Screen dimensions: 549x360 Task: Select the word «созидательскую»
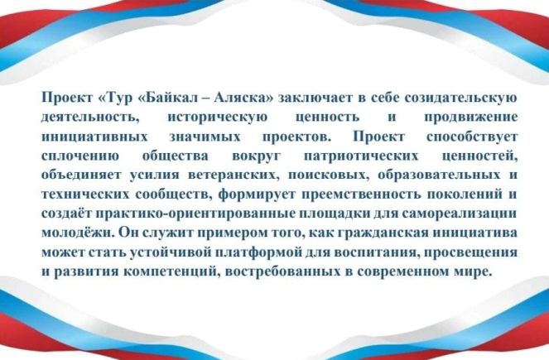tap(460, 98)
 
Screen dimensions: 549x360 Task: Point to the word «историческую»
tap(217, 117)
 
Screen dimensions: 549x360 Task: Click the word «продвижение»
tap(471, 117)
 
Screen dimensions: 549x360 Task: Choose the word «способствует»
tap(472, 137)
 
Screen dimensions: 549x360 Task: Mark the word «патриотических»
tap(361, 156)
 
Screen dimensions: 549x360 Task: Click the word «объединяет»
tap(81, 175)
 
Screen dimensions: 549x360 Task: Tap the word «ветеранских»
tap(234, 175)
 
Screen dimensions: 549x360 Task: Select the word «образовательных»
tap(439, 175)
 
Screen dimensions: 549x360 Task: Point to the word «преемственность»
tap(361, 194)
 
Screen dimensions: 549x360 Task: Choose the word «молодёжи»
tap(78, 233)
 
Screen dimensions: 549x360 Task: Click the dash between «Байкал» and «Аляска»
tap(205, 98)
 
